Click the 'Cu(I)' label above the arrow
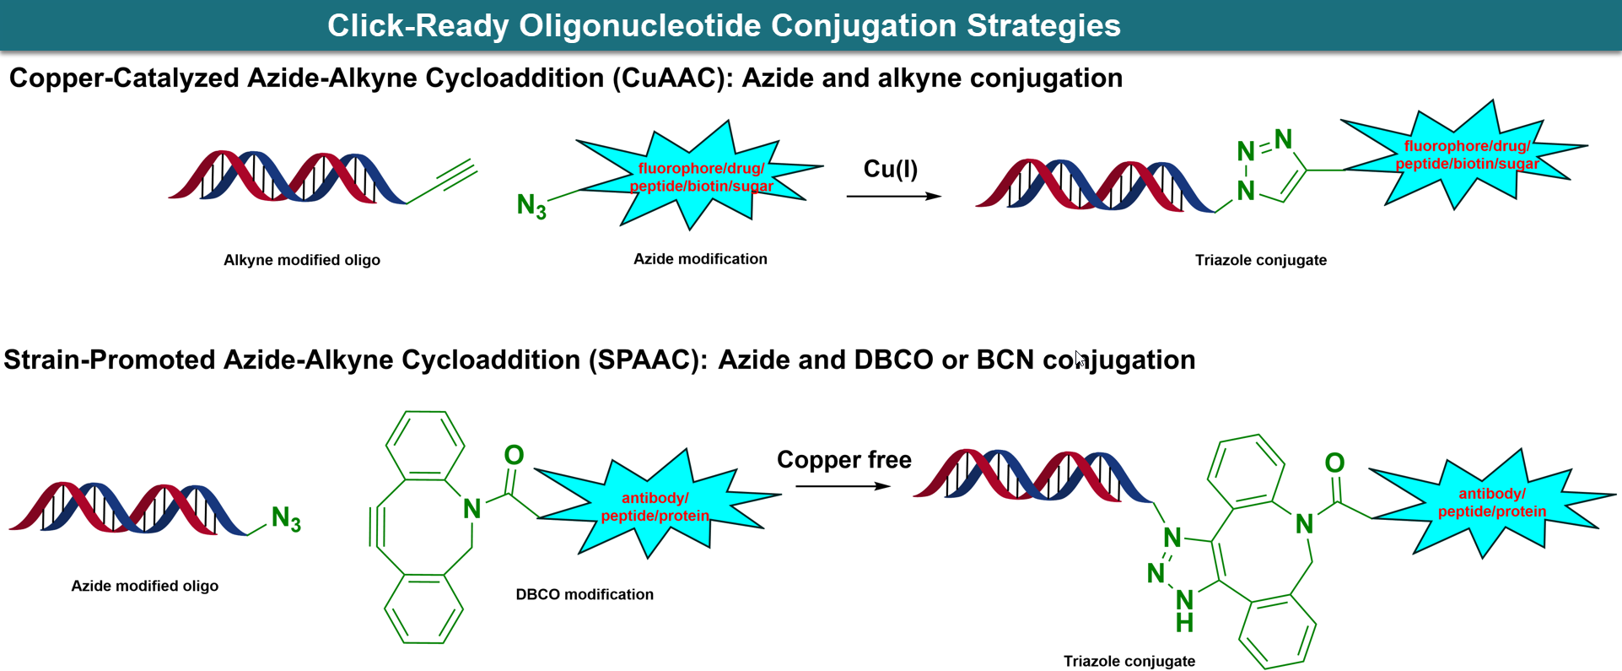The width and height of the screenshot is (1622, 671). pos(890,169)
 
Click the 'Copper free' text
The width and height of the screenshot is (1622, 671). pos(843,460)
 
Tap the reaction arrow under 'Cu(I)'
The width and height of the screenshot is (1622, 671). pos(893,196)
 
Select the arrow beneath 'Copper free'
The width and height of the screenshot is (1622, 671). pos(843,486)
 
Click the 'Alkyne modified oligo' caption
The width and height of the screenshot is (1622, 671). pos(301,260)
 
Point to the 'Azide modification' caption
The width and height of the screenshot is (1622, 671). pos(700,259)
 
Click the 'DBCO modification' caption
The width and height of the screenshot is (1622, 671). pos(585,594)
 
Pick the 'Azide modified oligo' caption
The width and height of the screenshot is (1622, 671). pos(144,586)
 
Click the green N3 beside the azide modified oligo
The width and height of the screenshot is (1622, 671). pos(286,518)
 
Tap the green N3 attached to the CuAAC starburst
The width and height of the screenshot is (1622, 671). pos(531,205)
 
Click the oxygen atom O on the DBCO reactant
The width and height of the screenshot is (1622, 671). pos(514,456)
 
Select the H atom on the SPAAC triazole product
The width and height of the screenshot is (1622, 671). pos(1184,624)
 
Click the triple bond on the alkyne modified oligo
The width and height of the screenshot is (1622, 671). pos(456,178)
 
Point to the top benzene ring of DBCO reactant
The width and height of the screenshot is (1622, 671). pos(425,445)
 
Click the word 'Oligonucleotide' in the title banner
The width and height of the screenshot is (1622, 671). pos(640,25)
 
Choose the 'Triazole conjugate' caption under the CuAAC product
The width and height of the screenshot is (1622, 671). pos(1260,260)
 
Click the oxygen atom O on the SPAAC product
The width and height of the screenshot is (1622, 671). pos(1334,463)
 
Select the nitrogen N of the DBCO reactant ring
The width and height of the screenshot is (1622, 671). pos(472,508)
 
